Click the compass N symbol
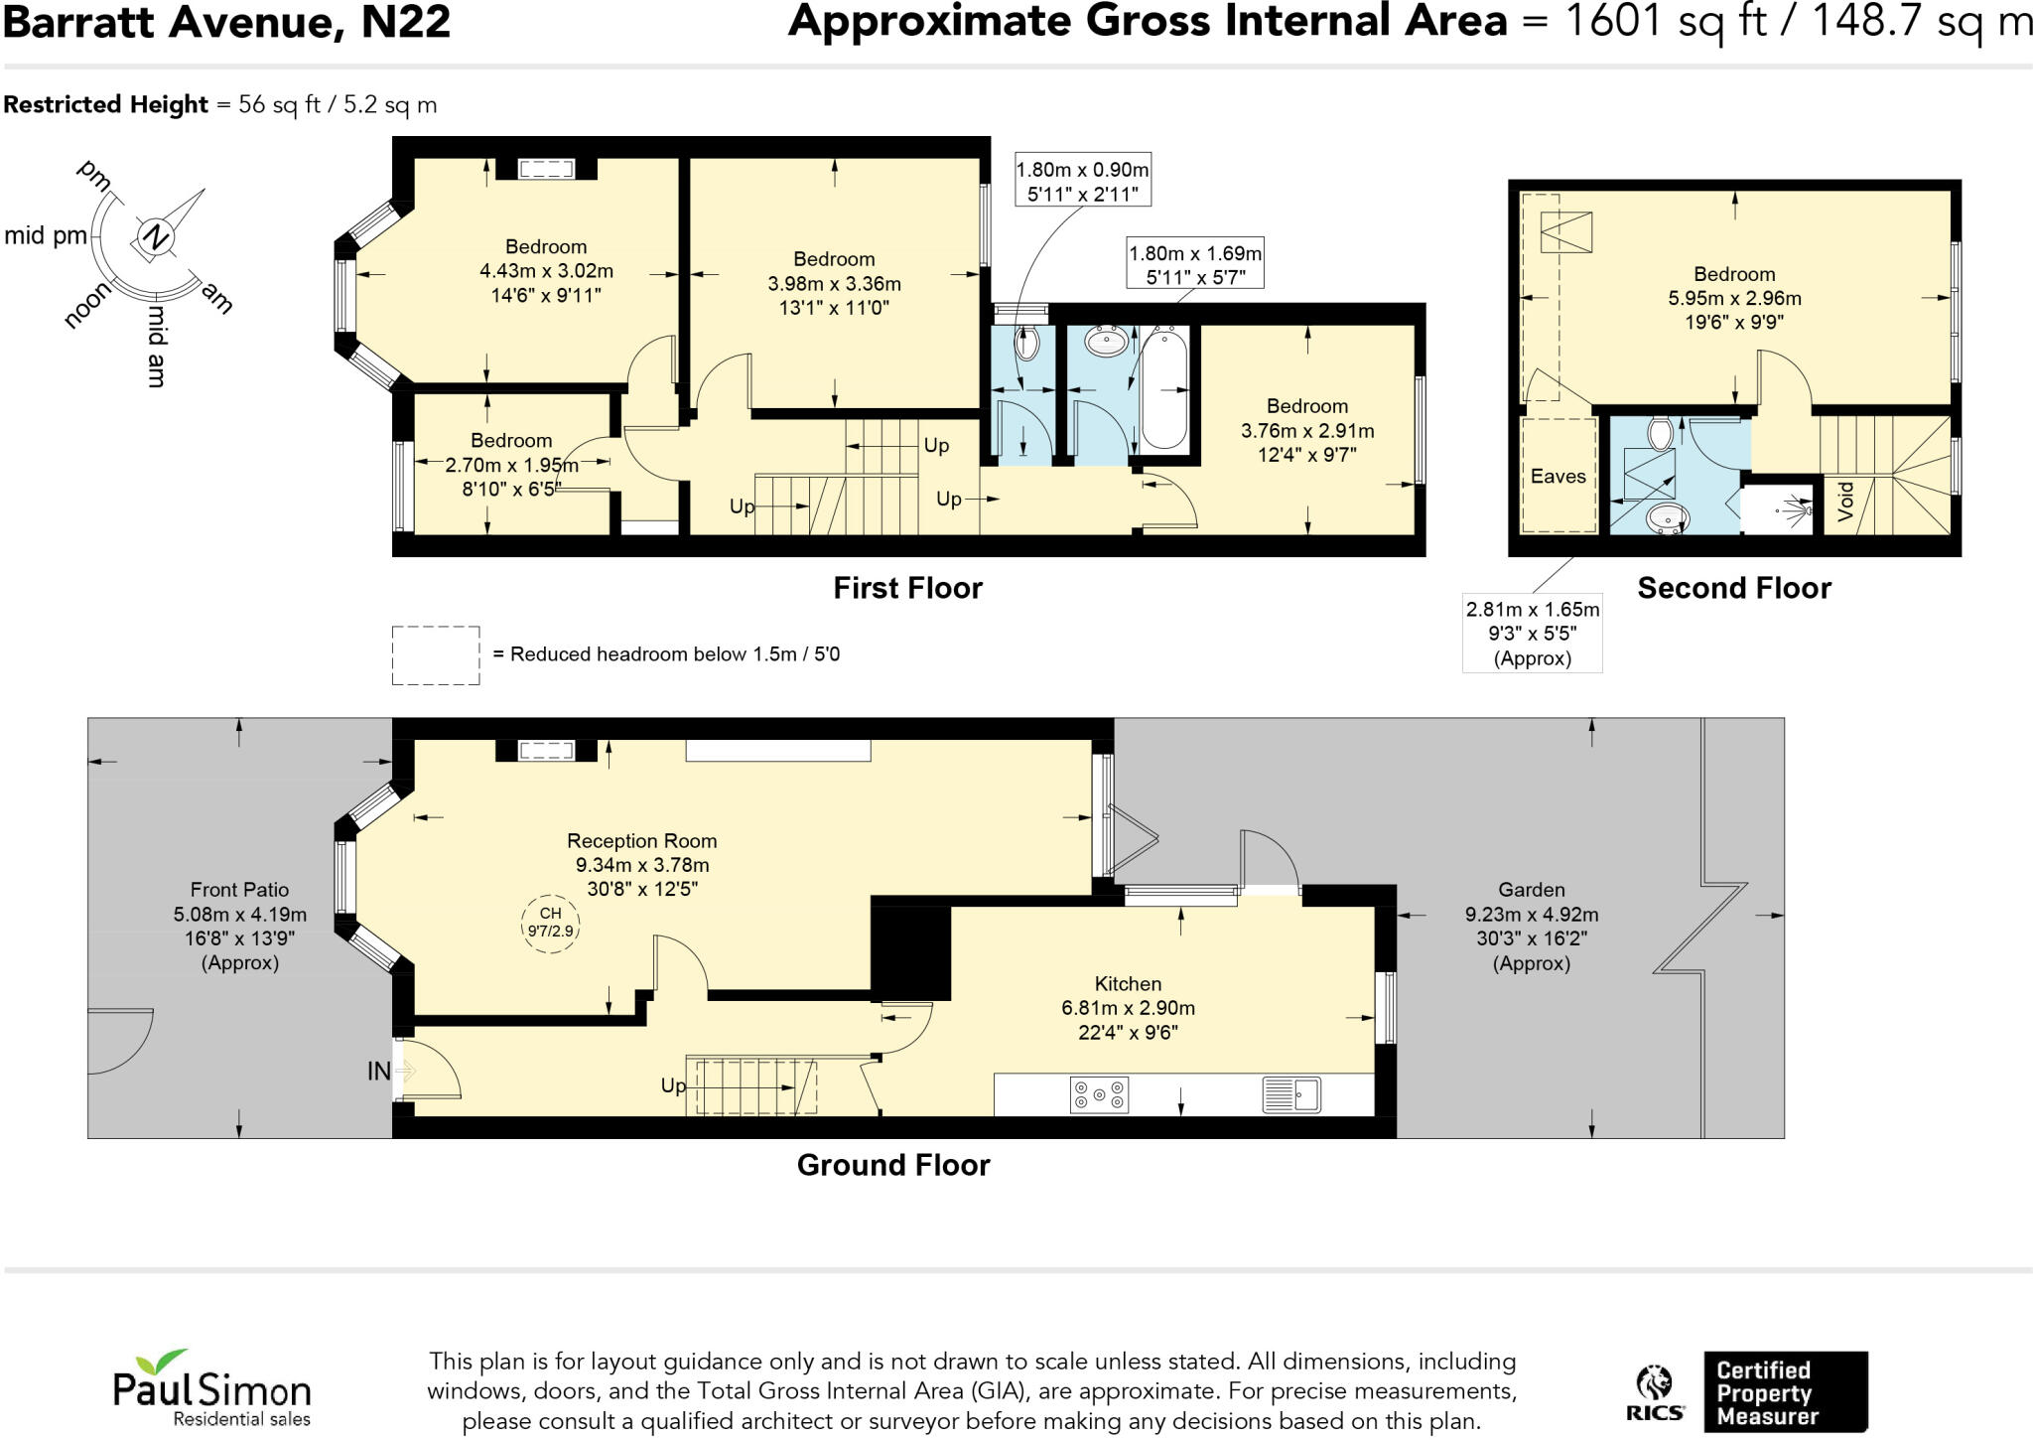coord(155,237)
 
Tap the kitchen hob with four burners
coord(1099,1095)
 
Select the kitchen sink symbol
coord(1291,1094)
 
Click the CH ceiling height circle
coord(550,923)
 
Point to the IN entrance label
coord(379,1072)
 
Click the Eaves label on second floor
coord(1558,477)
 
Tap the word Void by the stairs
coord(1845,502)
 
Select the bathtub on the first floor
coord(1163,390)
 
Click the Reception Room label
coord(641,841)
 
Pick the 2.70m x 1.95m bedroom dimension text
coord(511,465)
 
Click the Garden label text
coord(1531,891)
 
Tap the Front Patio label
coord(239,890)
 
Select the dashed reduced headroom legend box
coord(436,655)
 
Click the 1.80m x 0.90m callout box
coord(1082,182)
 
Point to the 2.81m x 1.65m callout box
coord(1532,633)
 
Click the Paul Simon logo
coord(211,1389)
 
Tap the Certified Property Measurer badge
coord(1784,1392)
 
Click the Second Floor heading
coord(1733,588)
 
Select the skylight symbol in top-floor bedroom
coord(1565,233)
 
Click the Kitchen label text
coord(1128,984)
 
